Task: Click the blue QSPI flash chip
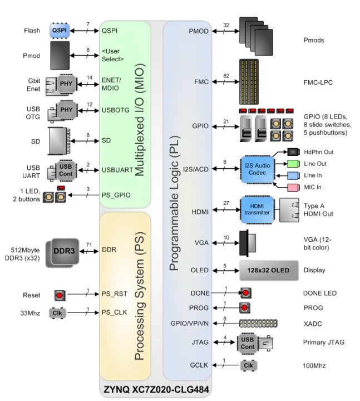tap(60, 31)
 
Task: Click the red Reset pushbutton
tap(60, 295)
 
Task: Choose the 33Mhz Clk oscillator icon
tap(57, 313)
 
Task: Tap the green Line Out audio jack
tap(294, 164)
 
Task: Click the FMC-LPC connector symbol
tap(257, 81)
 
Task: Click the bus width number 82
tap(226, 75)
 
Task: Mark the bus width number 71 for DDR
tap(89, 244)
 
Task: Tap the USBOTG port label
tap(116, 110)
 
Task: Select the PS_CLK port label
tap(115, 312)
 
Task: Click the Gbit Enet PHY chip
tap(65, 84)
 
